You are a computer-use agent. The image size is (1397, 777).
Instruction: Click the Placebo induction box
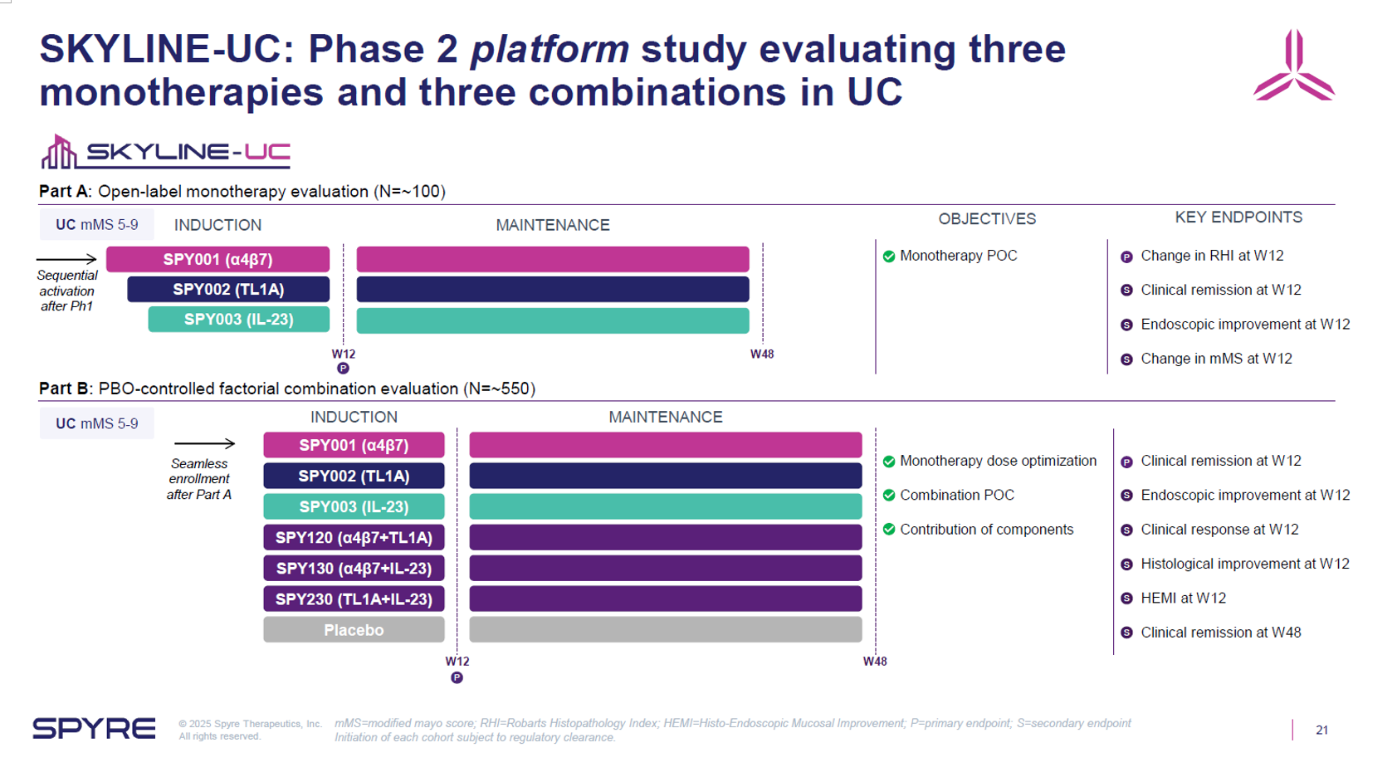(x=354, y=630)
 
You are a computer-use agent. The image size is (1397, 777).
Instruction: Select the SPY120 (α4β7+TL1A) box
(x=354, y=538)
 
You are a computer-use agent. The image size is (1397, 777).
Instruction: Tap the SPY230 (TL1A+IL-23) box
(x=354, y=599)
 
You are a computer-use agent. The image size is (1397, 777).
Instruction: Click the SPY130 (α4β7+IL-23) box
(x=354, y=569)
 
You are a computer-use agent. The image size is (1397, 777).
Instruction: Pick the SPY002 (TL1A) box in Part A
(x=228, y=290)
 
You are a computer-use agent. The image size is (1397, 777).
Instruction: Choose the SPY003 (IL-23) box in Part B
(x=354, y=507)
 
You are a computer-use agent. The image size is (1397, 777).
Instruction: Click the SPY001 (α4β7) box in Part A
(x=217, y=259)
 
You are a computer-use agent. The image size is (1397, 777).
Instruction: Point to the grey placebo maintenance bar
(x=665, y=630)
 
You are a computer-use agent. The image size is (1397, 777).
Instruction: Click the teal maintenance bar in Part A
(x=553, y=320)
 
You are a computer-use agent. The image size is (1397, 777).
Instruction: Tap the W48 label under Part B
(x=875, y=662)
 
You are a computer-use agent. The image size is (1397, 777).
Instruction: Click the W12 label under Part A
(x=344, y=354)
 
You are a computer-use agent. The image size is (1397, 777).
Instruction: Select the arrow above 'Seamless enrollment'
(x=204, y=444)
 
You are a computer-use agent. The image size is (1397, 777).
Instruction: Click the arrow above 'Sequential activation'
(x=67, y=259)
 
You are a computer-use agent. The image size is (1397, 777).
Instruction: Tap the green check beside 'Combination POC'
(x=889, y=496)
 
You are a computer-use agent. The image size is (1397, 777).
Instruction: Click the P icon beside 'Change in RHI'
(x=1126, y=257)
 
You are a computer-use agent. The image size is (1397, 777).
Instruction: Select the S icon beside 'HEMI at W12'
(x=1126, y=599)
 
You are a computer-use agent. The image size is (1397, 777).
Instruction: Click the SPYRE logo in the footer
(x=94, y=729)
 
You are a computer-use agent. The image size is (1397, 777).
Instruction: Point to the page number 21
(x=1321, y=731)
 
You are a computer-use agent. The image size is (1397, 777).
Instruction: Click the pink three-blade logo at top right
(x=1293, y=66)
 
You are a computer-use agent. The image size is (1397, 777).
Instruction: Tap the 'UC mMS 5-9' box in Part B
(x=96, y=423)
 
